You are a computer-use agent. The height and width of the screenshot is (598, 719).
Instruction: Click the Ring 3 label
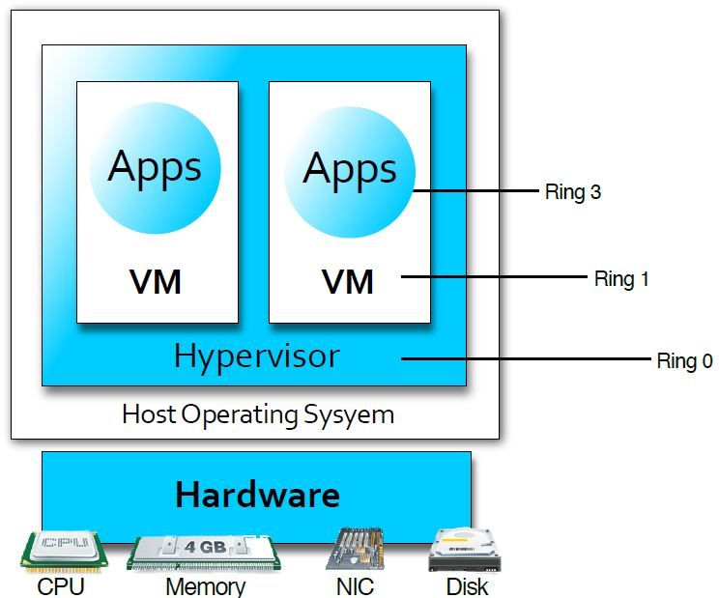pyautogui.click(x=572, y=192)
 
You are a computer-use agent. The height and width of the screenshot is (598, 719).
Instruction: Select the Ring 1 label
pyautogui.click(x=620, y=279)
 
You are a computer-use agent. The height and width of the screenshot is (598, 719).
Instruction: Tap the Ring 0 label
pyautogui.click(x=684, y=361)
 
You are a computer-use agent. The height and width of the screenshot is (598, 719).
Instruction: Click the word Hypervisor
pyautogui.click(x=256, y=356)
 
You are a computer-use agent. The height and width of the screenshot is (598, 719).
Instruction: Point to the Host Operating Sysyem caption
pyautogui.click(x=258, y=415)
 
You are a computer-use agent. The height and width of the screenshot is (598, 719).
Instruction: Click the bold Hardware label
pyautogui.click(x=257, y=495)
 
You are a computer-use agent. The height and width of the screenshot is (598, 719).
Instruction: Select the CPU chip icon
pyautogui.click(x=62, y=550)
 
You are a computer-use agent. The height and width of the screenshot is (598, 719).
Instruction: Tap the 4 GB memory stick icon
pyautogui.click(x=204, y=552)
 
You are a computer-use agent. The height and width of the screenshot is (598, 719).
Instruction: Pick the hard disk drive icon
pyautogui.click(x=465, y=550)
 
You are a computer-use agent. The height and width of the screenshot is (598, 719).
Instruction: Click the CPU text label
pyautogui.click(x=61, y=586)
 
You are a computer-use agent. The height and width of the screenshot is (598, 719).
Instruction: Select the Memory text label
pyautogui.click(x=205, y=586)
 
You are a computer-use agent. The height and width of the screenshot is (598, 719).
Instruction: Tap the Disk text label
pyautogui.click(x=467, y=586)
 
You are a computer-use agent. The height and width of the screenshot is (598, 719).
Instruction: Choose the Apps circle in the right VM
pyautogui.click(x=350, y=170)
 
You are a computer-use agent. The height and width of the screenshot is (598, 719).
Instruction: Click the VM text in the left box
pyautogui.click(x=156, y=282)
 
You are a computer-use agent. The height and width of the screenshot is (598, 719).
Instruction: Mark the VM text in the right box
pyautogui.click(x=348, y=282)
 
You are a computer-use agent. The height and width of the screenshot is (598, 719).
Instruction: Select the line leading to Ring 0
pyautogui.click(x=527, y=360)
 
